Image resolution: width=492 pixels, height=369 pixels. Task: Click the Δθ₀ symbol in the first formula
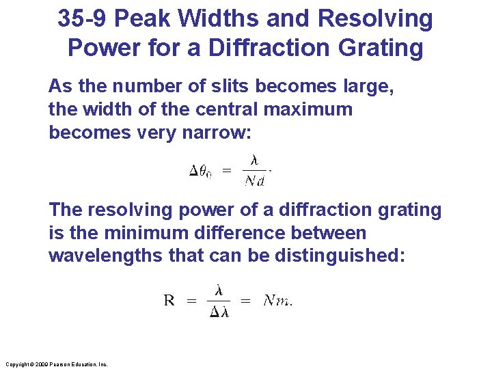[x=200, y=172]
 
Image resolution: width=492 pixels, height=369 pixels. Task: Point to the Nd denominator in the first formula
[x=254, y=181]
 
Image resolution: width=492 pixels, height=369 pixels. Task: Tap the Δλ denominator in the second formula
[x=218, y=312]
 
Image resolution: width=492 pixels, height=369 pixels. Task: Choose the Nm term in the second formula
[x=277, y=301]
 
